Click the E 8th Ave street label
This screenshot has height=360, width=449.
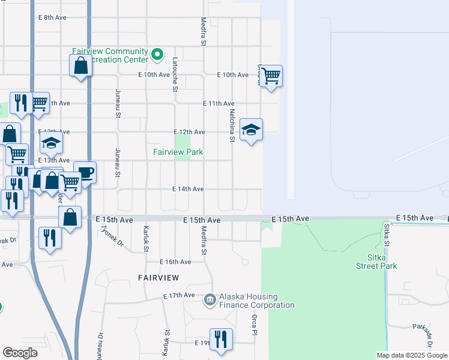(x=52, y=18)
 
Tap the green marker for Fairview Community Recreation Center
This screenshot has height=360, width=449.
(x=157, y=55)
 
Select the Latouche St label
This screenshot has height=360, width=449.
(x=175, y=74)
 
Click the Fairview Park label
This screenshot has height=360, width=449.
(x=178, y=152)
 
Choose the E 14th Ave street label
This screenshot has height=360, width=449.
(x=188, y=189)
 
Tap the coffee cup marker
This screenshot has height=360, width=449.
(x=85, y=172)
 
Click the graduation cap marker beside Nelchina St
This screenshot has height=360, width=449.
(x=251, y=130)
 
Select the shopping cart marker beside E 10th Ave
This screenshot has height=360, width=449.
(x=271, y=76)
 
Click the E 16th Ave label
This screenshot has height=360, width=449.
(x=175, y=262)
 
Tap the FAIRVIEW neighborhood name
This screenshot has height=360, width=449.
(x=158, y=278)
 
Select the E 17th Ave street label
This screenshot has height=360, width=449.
(x=179, y=296)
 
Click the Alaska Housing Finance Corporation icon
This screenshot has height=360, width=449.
(x=209, y=299)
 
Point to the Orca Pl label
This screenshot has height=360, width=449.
(x=255, y=324)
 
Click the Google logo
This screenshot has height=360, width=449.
(x=20, y=353)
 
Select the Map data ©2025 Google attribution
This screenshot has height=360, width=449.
(x=411, y=355)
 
